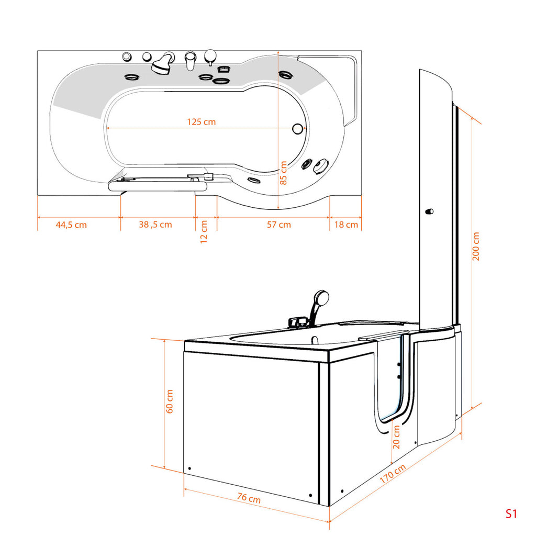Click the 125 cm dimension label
pos(202,121)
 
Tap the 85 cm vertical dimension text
pos(283,173)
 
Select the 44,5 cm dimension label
pos(71,225)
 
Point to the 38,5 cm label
pos(155,225)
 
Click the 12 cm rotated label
pos(204,232)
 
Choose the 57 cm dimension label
pos(279,225)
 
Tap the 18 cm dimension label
pos(346,225)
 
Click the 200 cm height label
pos(476,246)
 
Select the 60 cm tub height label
pos(170,401)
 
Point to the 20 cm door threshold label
pos(396,437)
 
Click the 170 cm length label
pos(393,474)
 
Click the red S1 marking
pos(511,514)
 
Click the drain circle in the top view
pos(298,129)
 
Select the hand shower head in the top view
pos(161,67)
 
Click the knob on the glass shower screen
pos(429,211)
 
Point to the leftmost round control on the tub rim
pos(127,57)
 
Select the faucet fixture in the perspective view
pos(298,322)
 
